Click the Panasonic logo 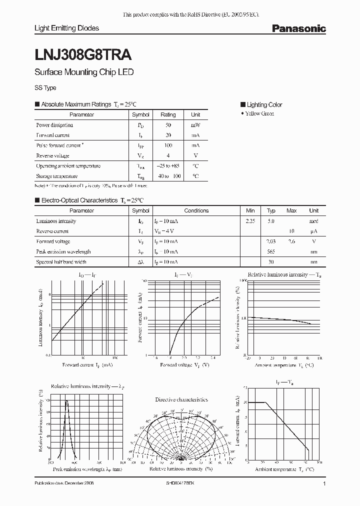tap(298, 29)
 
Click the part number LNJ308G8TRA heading tap(83, 52)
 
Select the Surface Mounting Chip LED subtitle tap(83, 72)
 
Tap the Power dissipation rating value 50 tap(168, 125)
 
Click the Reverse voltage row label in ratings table tap(52, 155)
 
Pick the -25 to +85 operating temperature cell tap(168, 166)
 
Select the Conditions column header tap(196, 210)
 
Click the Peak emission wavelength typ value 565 tap(271, 251)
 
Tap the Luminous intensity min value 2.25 tap(250, 221)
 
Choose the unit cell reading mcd tap(313, 221)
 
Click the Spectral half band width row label tap(61, 262)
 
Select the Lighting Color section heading tap(264, 104)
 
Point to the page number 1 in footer tap(324, 484)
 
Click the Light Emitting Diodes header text tap(66, 28)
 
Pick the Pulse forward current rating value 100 tap(168, 145)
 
